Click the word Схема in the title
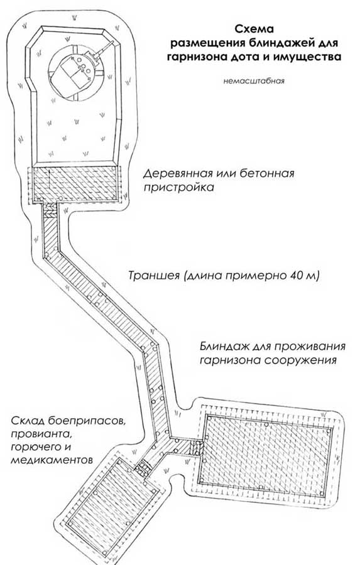tap(254, 29)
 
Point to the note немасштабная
tap(254, 81)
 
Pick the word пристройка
tap(179, 188)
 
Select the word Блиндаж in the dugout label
tap(225, 347)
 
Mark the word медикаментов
tap(52, 460)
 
